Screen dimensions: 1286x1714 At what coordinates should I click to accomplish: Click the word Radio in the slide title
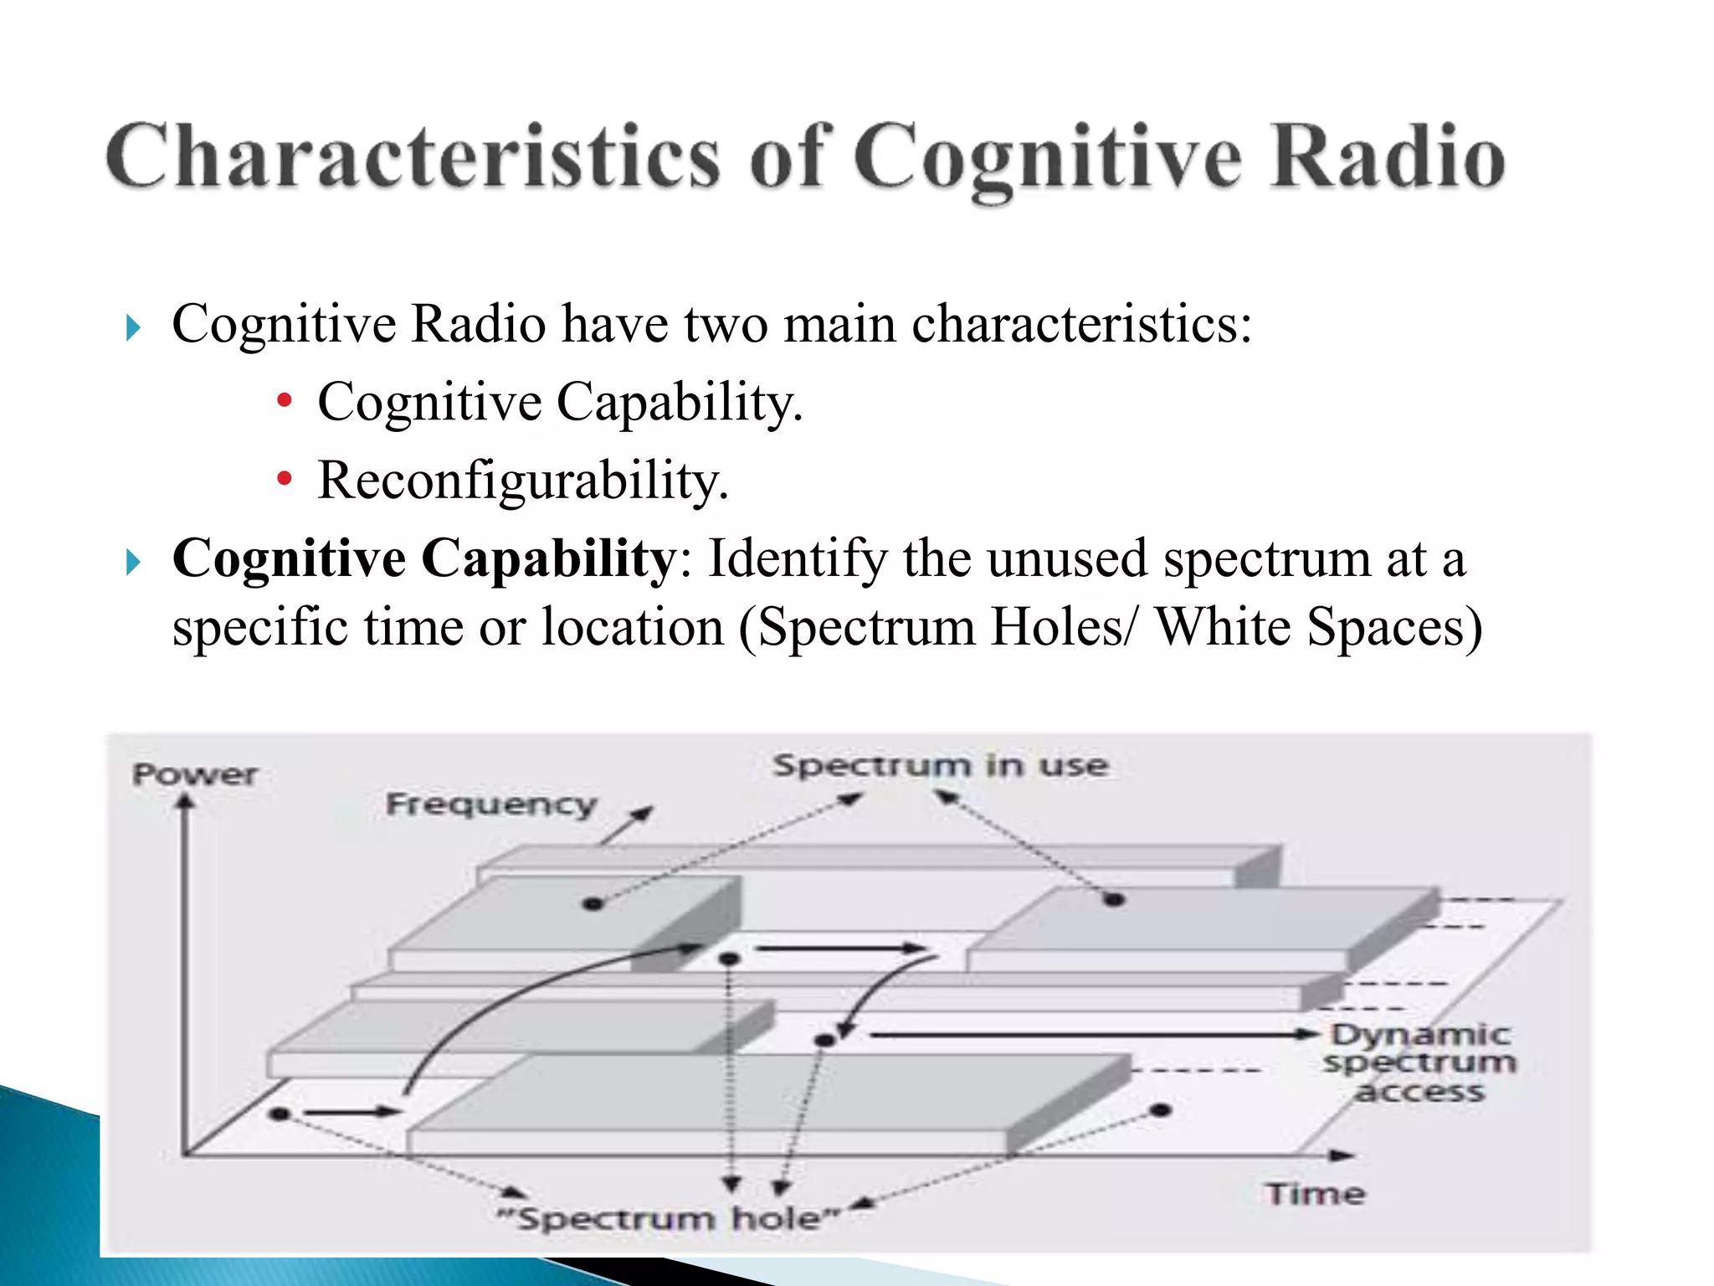1388,157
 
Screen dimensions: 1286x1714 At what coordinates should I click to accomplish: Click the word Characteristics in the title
412,157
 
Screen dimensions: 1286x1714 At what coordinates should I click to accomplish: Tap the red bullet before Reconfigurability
285,479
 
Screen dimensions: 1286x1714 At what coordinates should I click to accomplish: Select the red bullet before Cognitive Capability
285,401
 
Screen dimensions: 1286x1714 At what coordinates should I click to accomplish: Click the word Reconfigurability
522,481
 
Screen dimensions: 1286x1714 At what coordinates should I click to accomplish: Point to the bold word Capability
547,559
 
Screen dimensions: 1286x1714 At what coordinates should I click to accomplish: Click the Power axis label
195,774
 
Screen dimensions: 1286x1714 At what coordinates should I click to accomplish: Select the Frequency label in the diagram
491,805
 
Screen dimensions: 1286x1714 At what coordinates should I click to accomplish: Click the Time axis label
1315,1194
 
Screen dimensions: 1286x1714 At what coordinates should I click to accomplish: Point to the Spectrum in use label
940,765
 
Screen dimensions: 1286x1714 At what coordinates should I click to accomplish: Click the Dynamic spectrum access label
1419,1062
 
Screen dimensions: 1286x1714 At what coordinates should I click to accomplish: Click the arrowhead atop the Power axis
185,801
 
